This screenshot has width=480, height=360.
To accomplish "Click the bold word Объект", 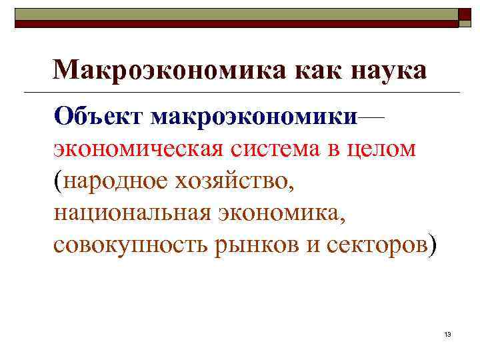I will pos(100,116).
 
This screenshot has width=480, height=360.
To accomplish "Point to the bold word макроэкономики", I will pos(254,116).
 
